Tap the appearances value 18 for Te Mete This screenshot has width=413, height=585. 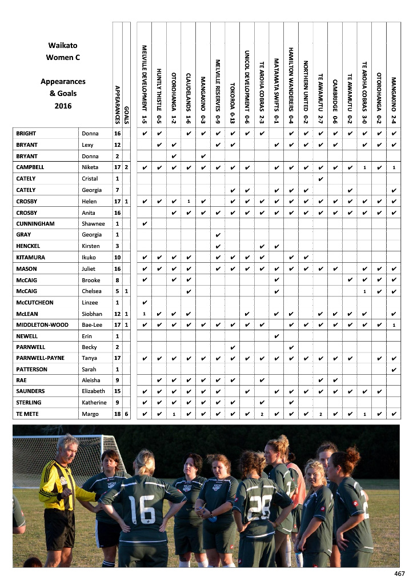coord(117,414)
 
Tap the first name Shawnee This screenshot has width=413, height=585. coord(94,223)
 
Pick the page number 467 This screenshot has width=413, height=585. coord(399,574)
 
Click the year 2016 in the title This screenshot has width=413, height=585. coord(63,106)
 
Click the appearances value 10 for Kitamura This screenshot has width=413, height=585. coord(117,257)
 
